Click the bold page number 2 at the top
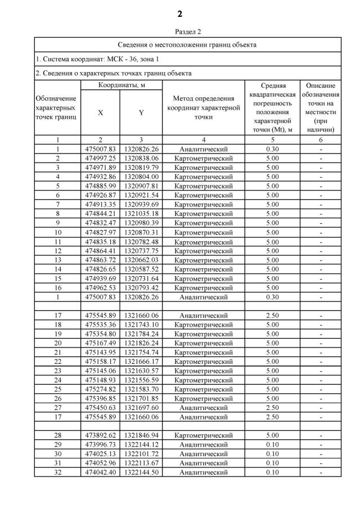(180, 13)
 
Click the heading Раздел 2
(180, 32)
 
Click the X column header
(101, 112)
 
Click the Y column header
(141, 112)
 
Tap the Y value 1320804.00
(141, 177)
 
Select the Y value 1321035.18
(141, 213)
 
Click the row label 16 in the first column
(57, 287)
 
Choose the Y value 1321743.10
(141, 325)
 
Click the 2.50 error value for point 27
(272, 407)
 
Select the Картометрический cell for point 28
(203, 435)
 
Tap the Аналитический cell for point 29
(203, 444)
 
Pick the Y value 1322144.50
(141, 472)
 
